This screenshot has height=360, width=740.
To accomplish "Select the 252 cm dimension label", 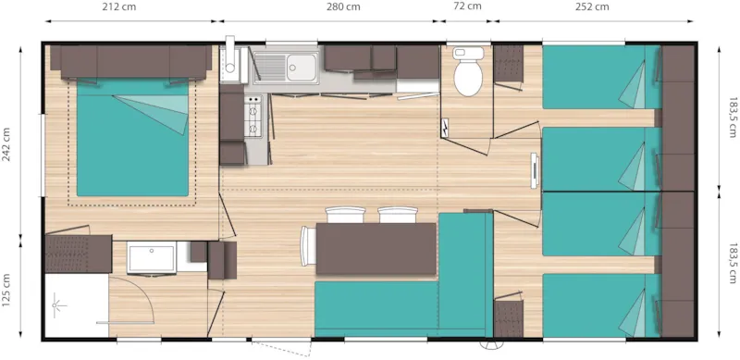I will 592,8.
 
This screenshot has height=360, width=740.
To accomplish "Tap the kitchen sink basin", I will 300,67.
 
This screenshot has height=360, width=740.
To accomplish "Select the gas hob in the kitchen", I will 252,114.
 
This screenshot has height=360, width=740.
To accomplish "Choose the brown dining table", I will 376,250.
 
